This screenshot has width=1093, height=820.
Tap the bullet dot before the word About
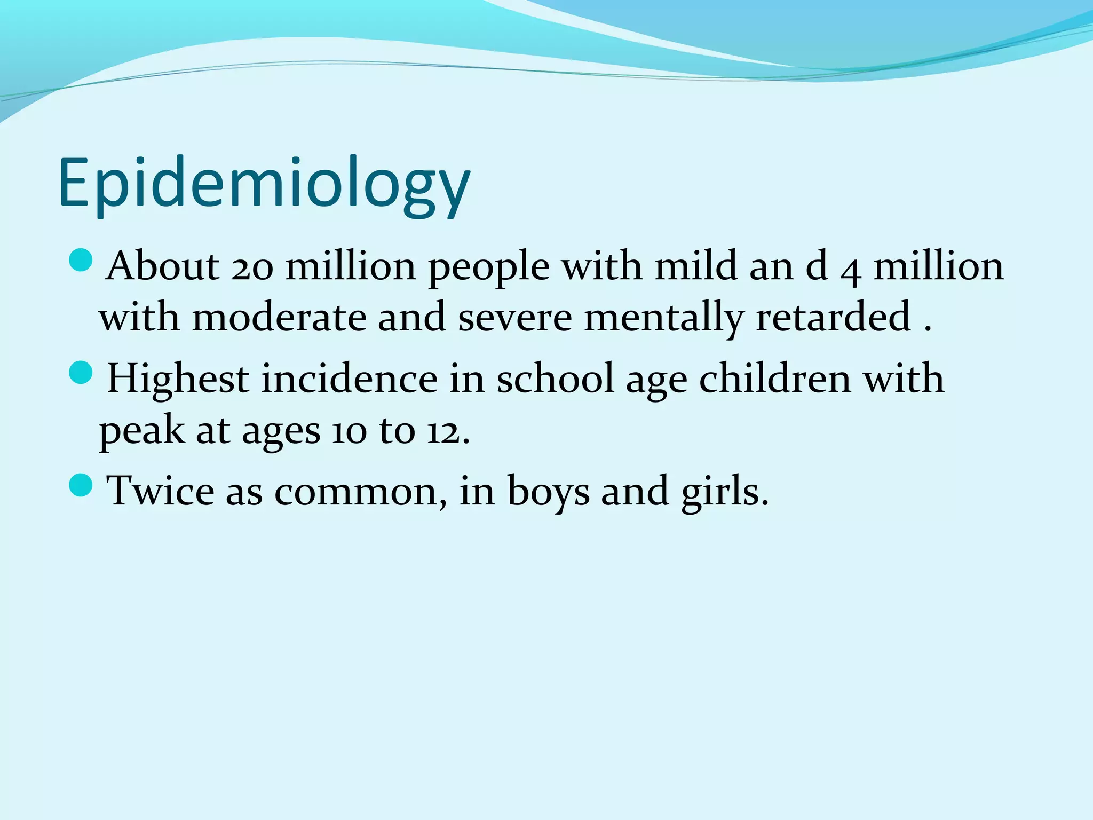(82, 261)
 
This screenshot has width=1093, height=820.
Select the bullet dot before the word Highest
(82, 373)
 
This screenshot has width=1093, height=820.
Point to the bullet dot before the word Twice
(82, 485)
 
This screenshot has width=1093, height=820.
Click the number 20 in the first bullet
(252, 267)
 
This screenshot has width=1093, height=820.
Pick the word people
(489, 267)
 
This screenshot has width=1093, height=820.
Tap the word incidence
(350, 379)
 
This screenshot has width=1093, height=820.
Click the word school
(555, 379)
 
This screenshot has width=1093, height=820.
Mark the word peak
(141, 431)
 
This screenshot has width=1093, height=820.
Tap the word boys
(548, 491)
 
